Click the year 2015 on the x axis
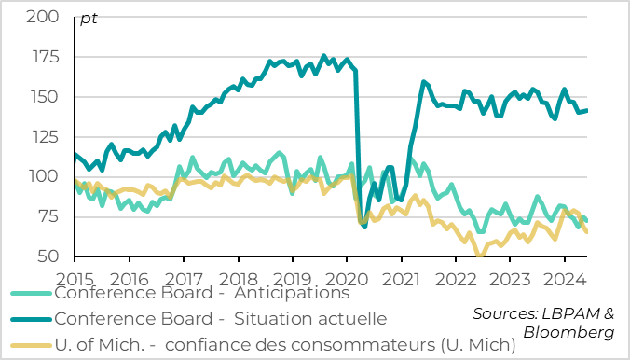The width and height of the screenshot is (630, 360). click(75, 278)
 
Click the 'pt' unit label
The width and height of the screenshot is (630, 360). click(89, 19)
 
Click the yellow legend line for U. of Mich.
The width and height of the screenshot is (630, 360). click(31, 346)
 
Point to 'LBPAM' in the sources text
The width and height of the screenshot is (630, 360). click(568, 313)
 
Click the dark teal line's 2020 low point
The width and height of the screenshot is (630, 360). click(364, 227)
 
